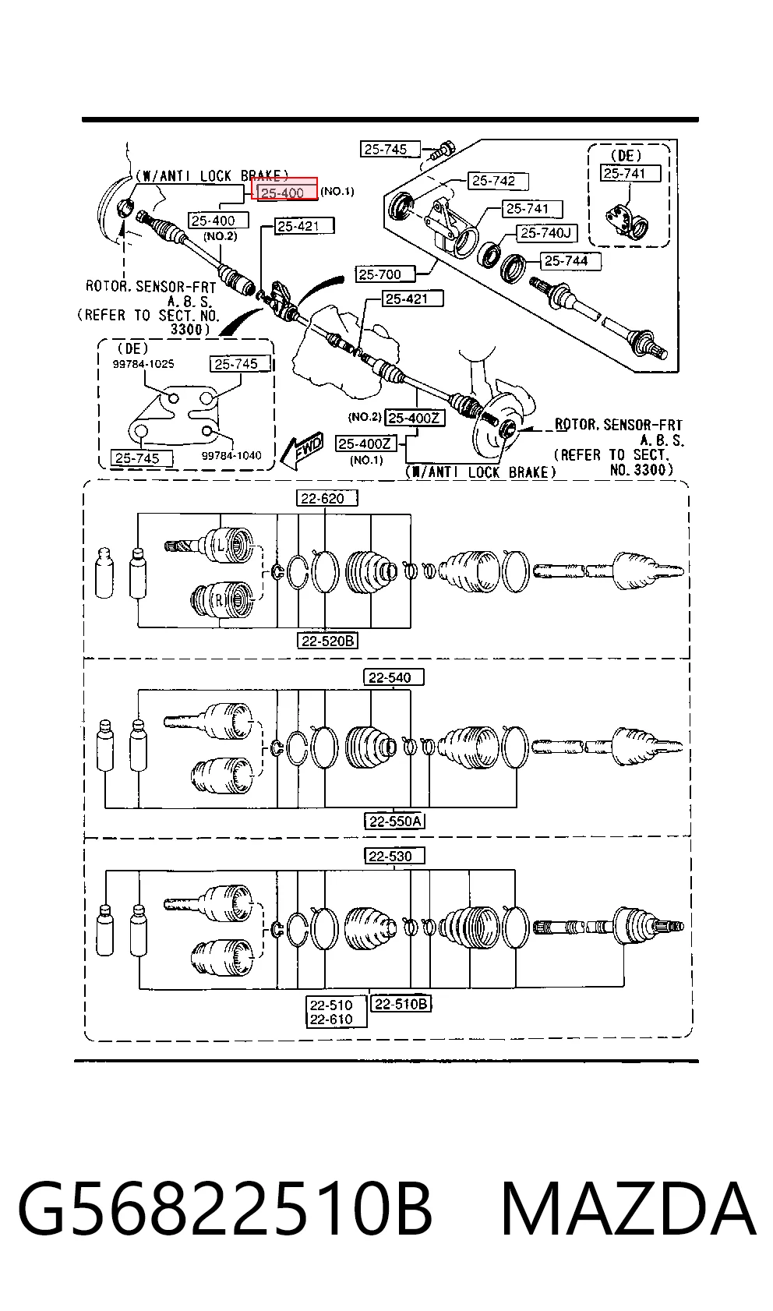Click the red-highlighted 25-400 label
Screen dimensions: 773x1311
point(284,189)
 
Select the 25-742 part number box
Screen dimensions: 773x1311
point(498,181)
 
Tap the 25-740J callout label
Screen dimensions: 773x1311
point(546,233)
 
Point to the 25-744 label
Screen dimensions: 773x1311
point(570,261)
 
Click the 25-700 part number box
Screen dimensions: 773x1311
point(385,274)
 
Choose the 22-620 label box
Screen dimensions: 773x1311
point(326,499)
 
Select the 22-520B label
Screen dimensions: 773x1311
point(328,641)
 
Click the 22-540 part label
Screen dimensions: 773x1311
point(394,678)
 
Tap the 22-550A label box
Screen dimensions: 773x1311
point(394,822)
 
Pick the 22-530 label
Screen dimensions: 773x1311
point(394,857)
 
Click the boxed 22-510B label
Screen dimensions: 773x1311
point(401,1005)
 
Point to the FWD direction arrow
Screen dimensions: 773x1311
point(301,451)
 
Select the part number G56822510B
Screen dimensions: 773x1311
point(225,1208)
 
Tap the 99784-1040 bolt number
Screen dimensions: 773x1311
point(231,455)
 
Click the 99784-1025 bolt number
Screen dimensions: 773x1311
point(143,364)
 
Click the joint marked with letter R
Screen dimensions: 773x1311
point(223,600)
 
